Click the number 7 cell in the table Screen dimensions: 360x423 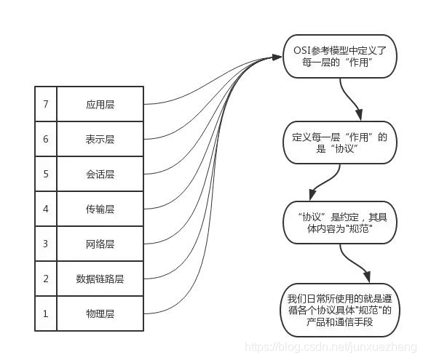46,104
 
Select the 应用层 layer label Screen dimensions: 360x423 100,104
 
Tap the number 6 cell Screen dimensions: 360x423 46,139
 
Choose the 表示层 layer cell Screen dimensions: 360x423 100,139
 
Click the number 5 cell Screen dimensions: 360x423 46,174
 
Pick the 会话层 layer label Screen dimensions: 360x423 100,174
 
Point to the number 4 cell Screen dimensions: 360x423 46,209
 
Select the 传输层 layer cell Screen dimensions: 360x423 100,209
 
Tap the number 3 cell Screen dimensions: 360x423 46,244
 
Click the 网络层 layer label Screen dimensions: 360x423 100,244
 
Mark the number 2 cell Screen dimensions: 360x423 46,279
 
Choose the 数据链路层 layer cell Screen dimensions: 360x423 100,279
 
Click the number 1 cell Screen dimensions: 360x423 46,313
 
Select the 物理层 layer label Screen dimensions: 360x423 100,313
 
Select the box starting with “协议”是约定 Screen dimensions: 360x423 341,223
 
